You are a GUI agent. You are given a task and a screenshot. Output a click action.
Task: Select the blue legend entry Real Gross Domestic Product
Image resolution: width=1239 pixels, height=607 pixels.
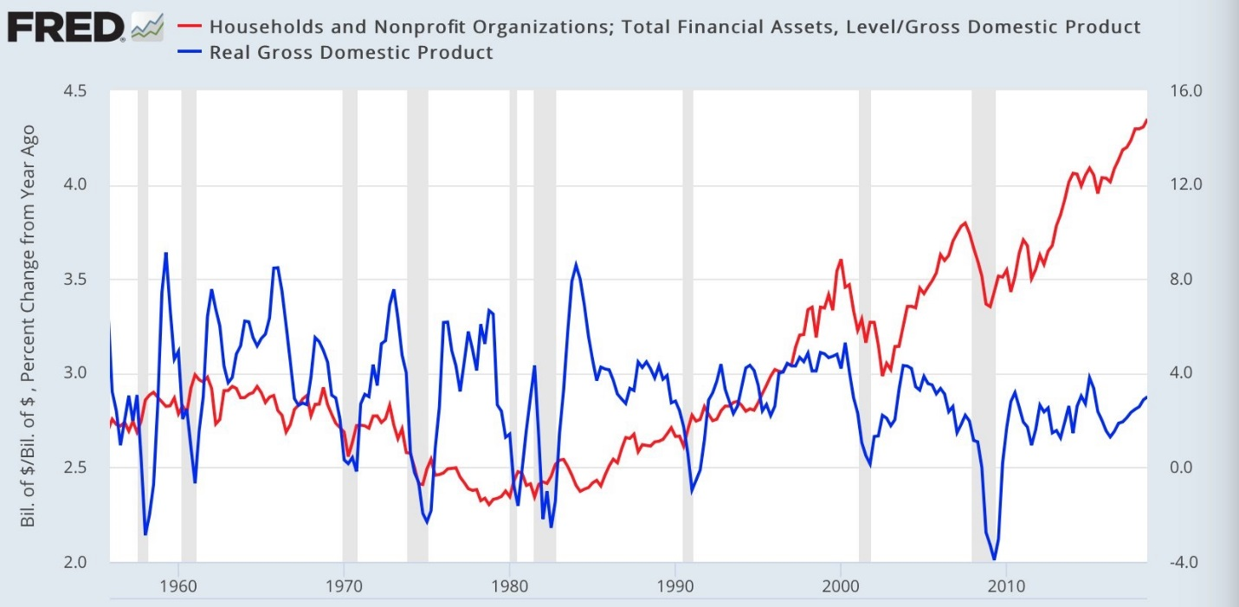(x=351, y=52)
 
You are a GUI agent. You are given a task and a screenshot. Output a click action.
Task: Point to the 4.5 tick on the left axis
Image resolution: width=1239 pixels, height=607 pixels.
(x=80, y=91)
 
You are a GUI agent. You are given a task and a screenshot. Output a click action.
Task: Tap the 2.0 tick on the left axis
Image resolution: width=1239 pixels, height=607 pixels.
(x=80, y=562)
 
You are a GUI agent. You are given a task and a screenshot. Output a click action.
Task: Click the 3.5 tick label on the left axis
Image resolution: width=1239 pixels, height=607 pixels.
(x=80, y=280)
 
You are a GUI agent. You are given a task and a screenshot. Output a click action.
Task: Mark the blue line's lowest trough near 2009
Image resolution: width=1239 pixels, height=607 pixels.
(x=994, y=559)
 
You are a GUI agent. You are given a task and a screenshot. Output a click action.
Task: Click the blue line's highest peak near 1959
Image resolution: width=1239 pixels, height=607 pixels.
(x=165, y=253)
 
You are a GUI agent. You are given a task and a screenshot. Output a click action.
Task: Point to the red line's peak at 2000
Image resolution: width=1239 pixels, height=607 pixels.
(x=840, y=260)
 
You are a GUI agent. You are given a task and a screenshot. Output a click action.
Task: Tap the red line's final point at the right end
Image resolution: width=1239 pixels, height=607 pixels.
(x=1146, y=120)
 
